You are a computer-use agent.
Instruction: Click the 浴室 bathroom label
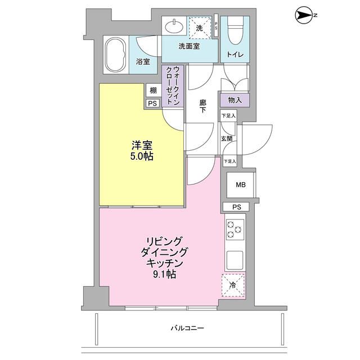coord(143,62)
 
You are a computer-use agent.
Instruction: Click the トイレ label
coord(235,55)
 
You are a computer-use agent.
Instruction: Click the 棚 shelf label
coord(152,91)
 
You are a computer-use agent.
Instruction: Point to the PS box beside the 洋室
coord(152,103)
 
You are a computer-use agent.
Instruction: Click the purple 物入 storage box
coord(235,100)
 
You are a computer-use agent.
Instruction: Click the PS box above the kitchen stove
coord(236,207)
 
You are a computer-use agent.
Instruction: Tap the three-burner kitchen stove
coord(235,229)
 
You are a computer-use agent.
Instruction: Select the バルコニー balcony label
coord(189,327)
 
